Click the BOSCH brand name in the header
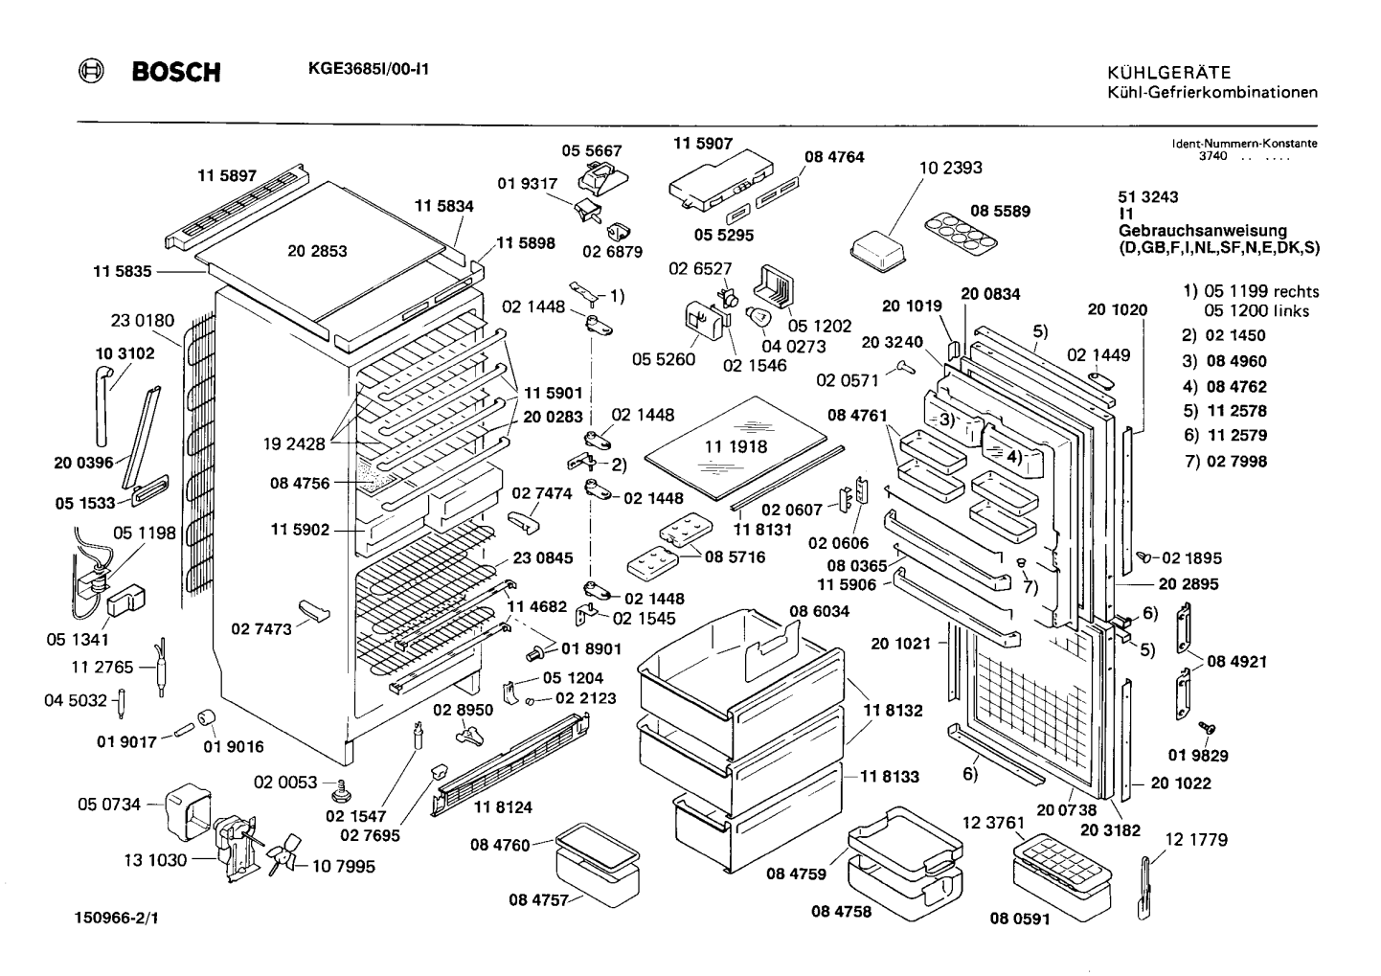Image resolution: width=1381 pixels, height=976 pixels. tap(176, 73)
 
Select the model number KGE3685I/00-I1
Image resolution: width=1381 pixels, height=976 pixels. tap(368, 69)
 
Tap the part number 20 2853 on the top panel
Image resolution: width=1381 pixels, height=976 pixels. tap(317, 251)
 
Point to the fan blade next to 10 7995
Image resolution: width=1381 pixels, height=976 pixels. tap(283, 854)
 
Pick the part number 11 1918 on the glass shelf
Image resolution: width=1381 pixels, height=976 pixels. tap(736, 446)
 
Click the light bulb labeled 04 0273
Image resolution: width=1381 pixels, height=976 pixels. tap(758, 319)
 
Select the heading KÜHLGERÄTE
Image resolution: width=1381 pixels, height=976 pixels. tap(1169, 73)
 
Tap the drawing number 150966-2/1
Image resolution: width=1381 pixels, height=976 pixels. tap(117, 918)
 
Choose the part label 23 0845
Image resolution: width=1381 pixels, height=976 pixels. tap(542, 558)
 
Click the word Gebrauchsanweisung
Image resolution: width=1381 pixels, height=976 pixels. tap(1203, 231)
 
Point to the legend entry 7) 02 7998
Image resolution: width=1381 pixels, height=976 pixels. tap(1226, 461)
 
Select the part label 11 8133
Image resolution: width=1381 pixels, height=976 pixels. tap(890, 777)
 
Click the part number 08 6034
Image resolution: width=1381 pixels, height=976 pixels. tap(820, 611)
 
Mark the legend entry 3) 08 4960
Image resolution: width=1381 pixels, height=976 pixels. tap(1224, 361)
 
